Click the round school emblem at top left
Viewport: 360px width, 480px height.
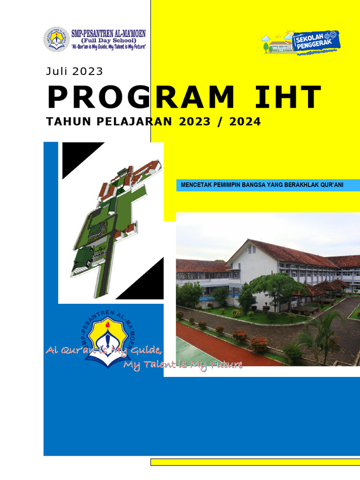(x=56, y=39)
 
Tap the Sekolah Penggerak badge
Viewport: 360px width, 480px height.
(x=300, y=42)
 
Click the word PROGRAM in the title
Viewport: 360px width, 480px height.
(x=141, y=98)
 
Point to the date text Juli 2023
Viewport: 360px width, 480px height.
(x=74, y=72)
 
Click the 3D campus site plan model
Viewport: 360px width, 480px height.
(x=112, y=220)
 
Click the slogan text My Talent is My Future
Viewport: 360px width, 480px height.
(x=183, y=365)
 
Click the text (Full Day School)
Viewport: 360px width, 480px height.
(x=108, y=40)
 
